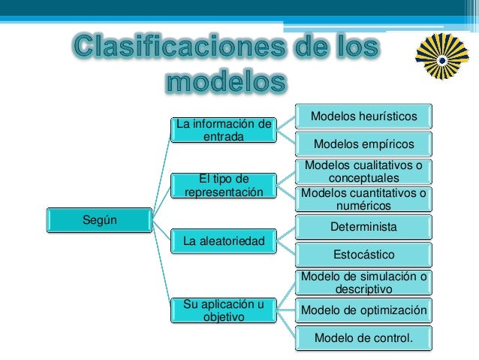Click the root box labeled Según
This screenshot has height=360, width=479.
click(100, 219)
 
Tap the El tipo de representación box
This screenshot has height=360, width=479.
click(223, 185)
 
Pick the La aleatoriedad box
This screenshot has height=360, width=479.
click(223, 241)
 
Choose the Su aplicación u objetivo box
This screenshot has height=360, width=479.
click(223, 310)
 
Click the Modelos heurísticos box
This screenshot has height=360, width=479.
click(363, 116)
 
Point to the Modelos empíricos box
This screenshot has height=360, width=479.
click(363, 144)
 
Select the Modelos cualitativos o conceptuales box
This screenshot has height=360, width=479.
click(363, 171)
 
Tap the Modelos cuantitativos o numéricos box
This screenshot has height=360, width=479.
click(363, 198)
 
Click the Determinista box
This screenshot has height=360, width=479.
click(363, 226)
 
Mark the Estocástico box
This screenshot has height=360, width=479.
click(363, 254)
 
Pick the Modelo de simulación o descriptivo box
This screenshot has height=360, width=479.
click(363, 282)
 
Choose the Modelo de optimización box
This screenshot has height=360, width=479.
click(363, 310)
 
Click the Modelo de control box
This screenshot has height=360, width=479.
click(363, 337)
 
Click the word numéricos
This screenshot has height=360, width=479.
click(363, 205)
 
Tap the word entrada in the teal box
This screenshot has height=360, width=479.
click(223, 136)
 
